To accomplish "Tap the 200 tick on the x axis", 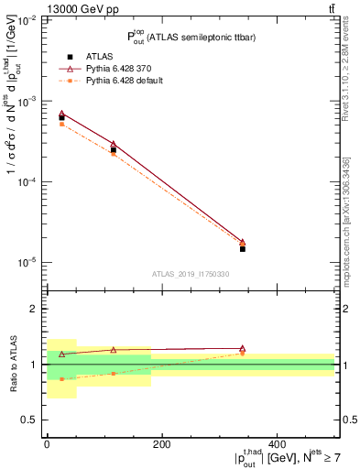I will (162, 444).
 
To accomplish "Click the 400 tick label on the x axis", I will (278, 444).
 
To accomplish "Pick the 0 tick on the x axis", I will (47, 444).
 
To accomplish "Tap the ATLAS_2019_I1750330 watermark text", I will (191, 274).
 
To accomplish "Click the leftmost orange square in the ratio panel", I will (61, 378).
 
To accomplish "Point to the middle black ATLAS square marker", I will (114, 149).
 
